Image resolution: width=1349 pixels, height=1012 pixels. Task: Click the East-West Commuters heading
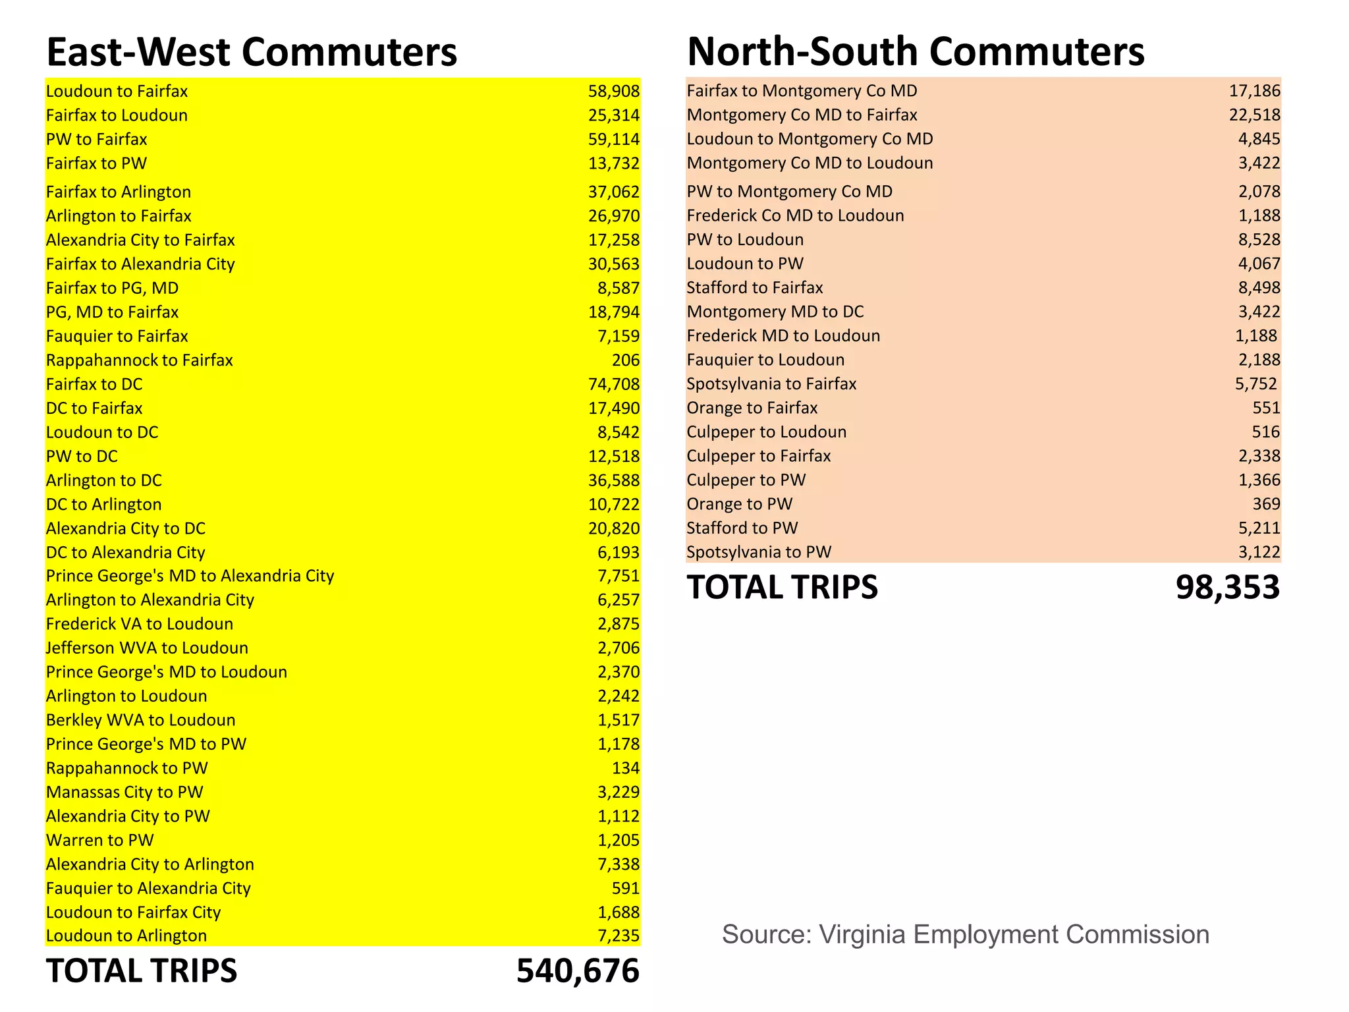pyautogui.click(x=252, y=52)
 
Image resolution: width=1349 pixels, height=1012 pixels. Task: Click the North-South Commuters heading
pyautogui.click(x=916, y=51)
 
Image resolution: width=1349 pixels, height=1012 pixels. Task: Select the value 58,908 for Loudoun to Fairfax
pyautogui.click(x=613, y=92)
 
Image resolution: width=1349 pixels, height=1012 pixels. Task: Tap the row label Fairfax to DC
pyautogui.click(x=94, y=384)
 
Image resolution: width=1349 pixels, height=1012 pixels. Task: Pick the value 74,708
pyautogui.click(x=613, y=384)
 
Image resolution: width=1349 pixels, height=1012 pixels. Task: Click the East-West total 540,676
pyautogui.click(x=578, y=970)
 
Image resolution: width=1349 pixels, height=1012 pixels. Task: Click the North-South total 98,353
pyautogui.click(x=1227, y=587)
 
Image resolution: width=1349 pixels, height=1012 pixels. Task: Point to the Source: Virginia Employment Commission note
pyautogui.click(x=965, y=934)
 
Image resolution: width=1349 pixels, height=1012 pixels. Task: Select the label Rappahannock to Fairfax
pyautogui.click(x=140, y=360)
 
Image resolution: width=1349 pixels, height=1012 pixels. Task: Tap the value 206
pyautogui.click(x=625, y=360)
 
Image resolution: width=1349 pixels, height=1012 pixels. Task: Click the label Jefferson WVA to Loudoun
pyautogui.click(x=147, y=648)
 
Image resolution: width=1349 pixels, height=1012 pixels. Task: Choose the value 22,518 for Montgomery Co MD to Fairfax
pyautogui.click(x=1254, y=115)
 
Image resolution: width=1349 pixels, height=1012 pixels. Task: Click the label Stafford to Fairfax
pyautogui.click(x=755, y=288)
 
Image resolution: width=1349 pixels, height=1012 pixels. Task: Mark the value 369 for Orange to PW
pyautogui.click(x=1266, y=504)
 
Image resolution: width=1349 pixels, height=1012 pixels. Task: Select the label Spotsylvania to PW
pyautogui.click(x=759, y=552)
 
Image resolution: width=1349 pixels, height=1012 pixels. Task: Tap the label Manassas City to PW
pyautogui.click(x=124, y=792)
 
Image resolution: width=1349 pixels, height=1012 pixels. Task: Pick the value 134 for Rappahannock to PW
pyautogui.click(x=625, y=768)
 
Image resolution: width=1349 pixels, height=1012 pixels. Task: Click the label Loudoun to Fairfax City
pyautogui.click(x=133, y=913)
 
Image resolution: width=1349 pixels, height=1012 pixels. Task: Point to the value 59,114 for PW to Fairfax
pyautogui.click(x=613, y=140)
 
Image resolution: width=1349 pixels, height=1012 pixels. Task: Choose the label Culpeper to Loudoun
pyautogui.click(x=767, y=432)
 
